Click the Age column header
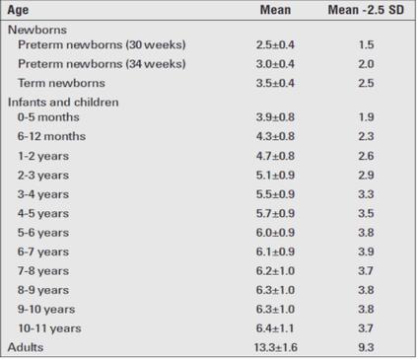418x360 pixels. [18, 10]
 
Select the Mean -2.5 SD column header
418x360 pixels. [366, 10]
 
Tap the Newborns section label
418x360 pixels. [37, 30]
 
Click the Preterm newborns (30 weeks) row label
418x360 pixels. [102, 44]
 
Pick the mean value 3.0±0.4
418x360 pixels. [275, 64]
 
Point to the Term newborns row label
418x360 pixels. [61, 83]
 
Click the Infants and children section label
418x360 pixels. [63, 103]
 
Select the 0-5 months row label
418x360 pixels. [48, 117]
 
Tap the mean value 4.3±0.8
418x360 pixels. [275, 136]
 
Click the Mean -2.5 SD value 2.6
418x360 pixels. [366, 156]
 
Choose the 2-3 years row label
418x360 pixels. [43, 176]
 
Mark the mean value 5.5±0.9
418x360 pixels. [275, 194]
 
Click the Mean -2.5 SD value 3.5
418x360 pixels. [366, 213]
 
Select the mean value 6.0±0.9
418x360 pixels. [275, 233]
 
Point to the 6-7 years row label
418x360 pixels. [43, 252]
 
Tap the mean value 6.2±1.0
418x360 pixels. [275, 271]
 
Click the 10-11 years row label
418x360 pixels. [49, 328]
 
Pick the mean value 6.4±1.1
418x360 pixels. [275, 328]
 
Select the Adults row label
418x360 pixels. [26, 347]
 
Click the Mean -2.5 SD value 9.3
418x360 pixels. [366, 347]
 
